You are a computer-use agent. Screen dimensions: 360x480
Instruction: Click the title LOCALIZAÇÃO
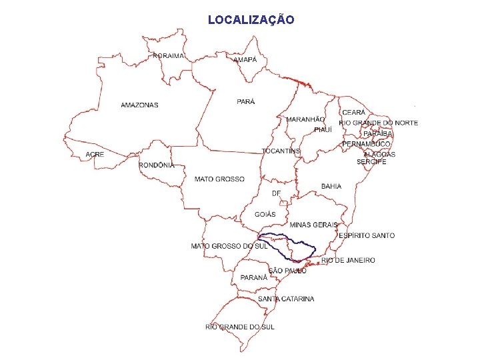[x=251, y=20]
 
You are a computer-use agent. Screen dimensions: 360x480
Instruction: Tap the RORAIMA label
[x=168, y=56]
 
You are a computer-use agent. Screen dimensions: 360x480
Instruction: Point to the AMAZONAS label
[x=140, y=105]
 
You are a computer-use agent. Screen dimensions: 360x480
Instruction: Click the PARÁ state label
[x=246, y=101]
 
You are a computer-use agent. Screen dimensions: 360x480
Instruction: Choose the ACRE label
[x=95, y=155]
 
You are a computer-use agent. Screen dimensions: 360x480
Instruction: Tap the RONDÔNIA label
[x=157, y=165]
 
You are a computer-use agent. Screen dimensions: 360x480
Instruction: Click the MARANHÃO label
[x=306, y=119]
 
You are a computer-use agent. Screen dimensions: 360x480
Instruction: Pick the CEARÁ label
[x=353, y=113]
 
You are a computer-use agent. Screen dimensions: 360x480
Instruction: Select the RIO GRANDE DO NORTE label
[x=379, y=123]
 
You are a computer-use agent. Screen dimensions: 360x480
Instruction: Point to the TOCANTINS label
[x=281, y=151]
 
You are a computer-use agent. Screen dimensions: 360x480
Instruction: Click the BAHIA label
[x=331, y=186]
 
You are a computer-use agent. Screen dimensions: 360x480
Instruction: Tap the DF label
[x=277, y=193]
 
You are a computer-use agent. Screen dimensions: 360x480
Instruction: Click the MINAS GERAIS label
[x=313, y=225]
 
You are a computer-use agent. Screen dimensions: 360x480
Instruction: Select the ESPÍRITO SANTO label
[x=367, y=235]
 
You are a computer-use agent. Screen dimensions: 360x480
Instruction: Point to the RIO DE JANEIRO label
[x=348, y=260]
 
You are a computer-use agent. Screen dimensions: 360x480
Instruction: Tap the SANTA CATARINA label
[x=287, y=299]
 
